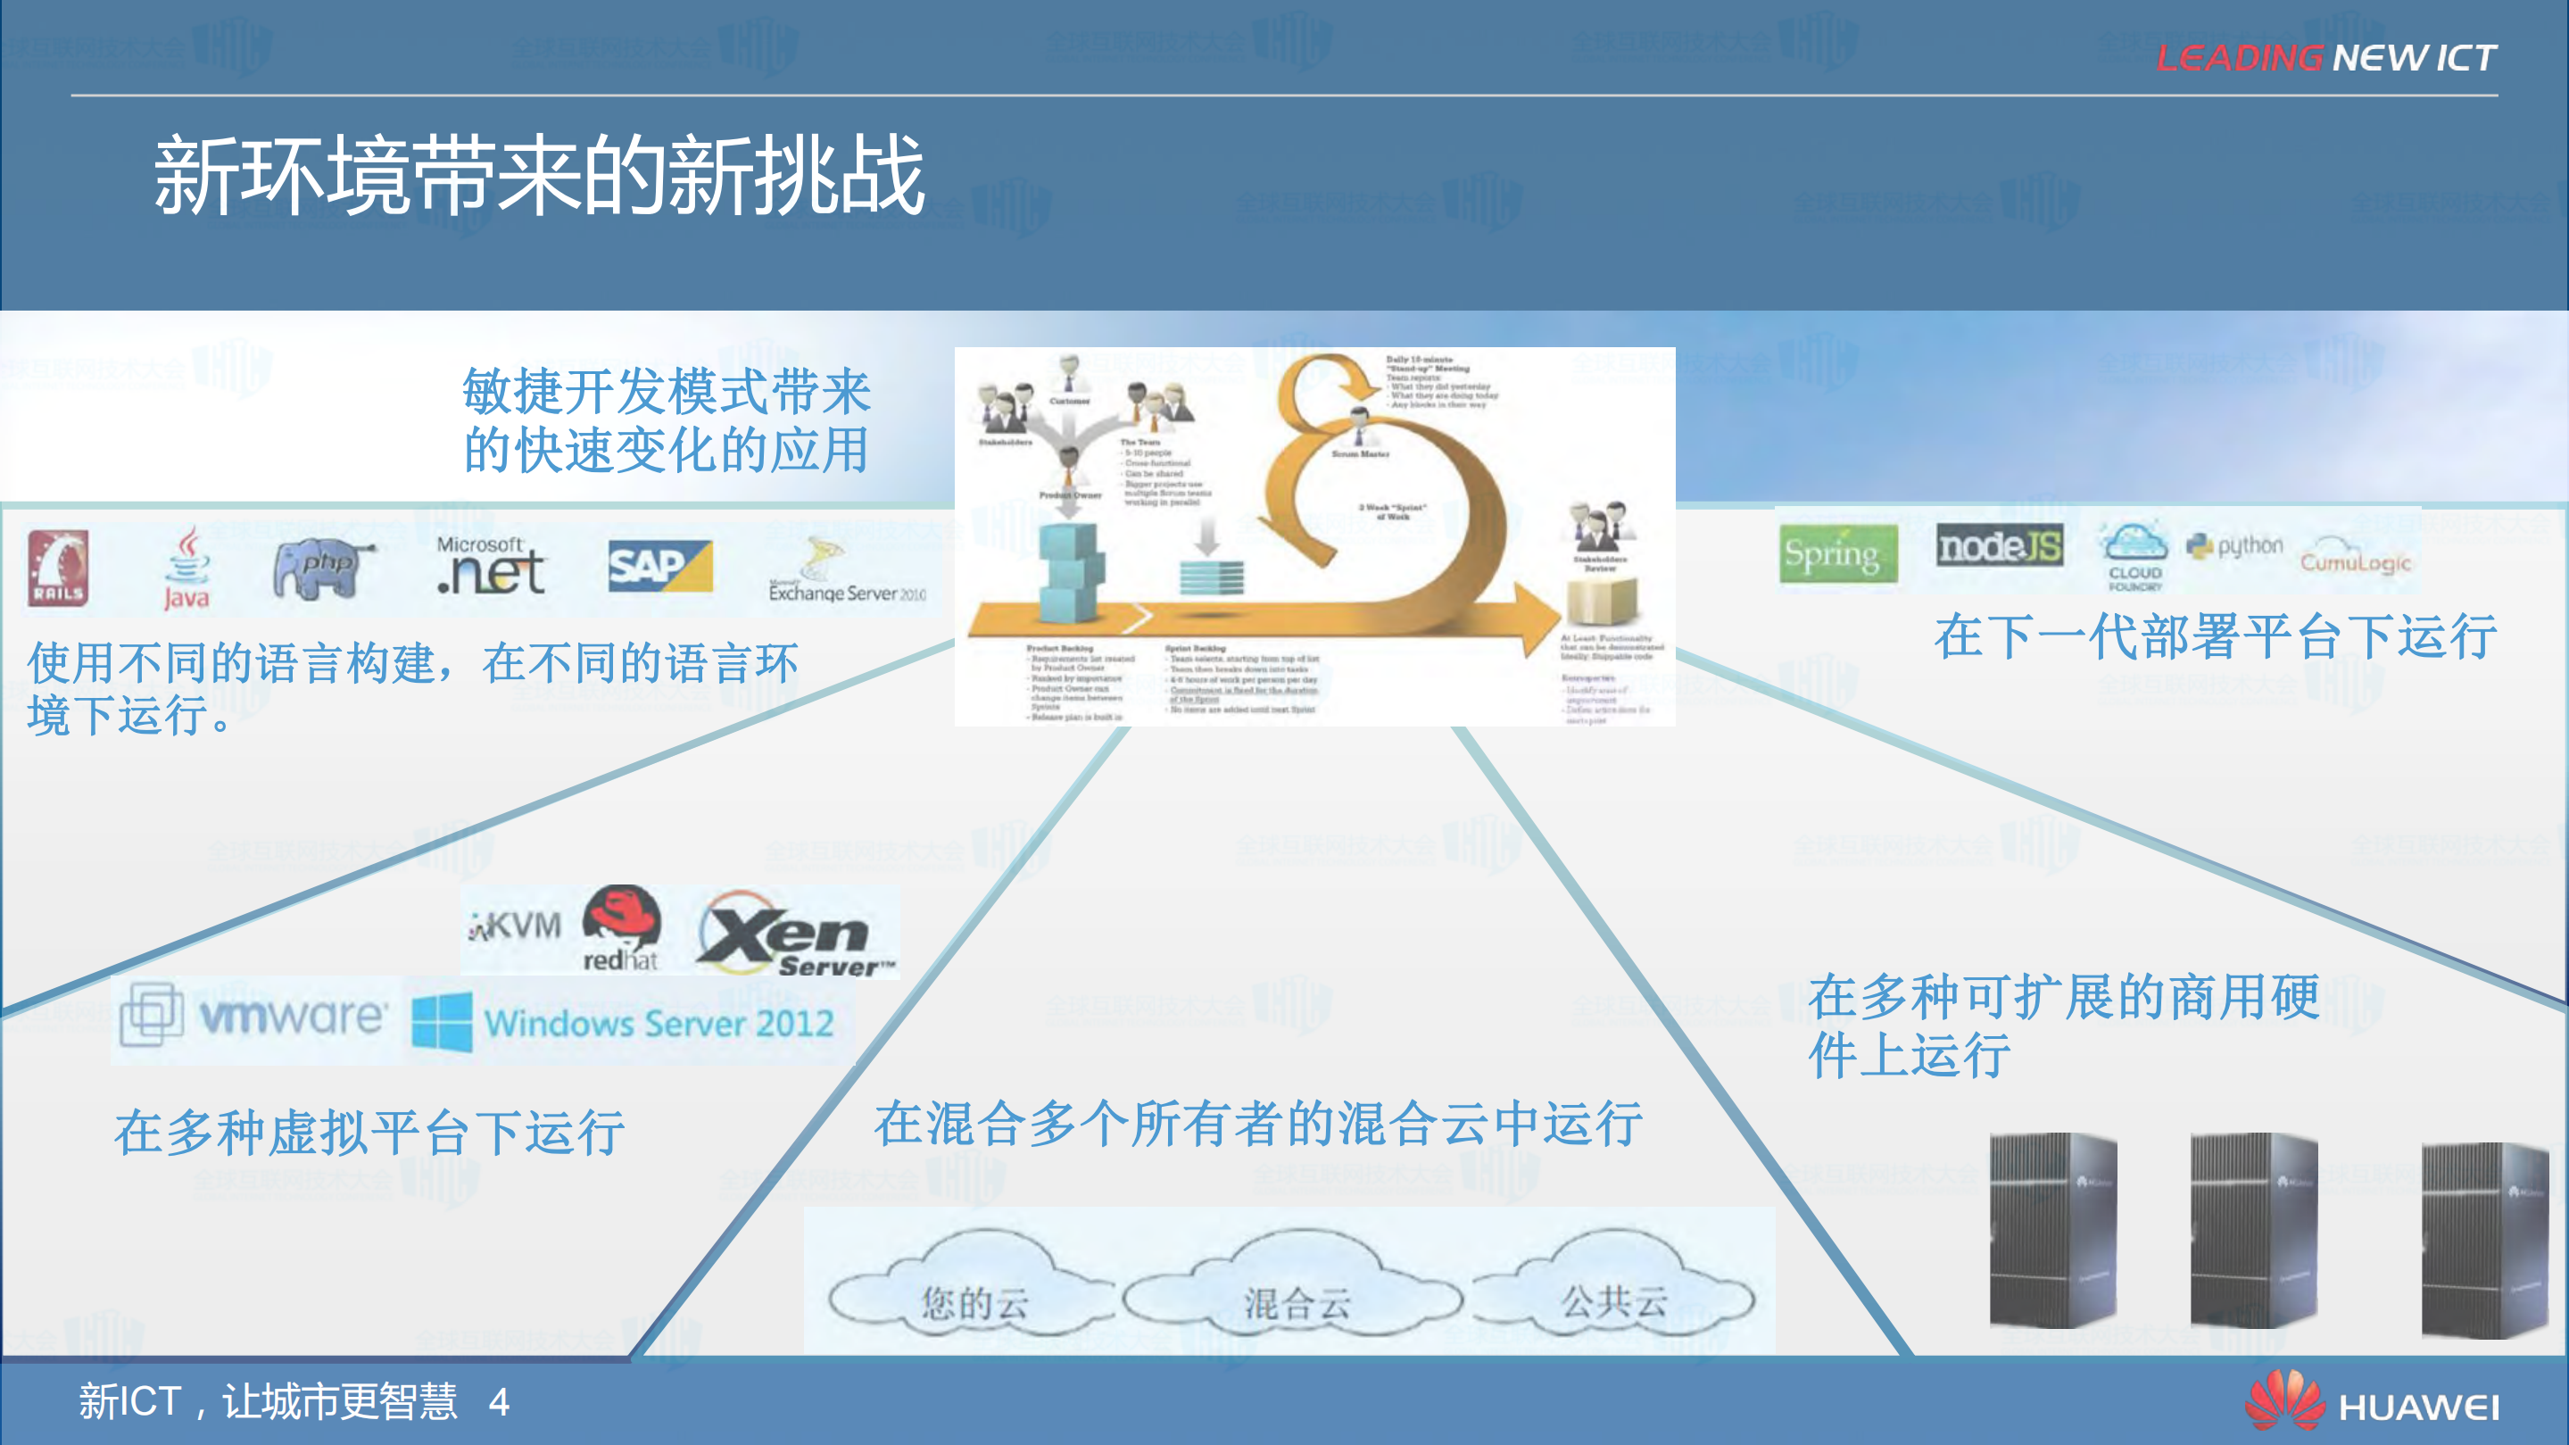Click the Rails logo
point(58,569)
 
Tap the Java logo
point(186,569)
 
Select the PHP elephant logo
point(321,568)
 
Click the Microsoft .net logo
point(491,566)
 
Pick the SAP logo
point(660,567)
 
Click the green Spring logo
point(1838,553)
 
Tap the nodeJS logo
point(1999,546)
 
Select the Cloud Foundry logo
point(2134,556)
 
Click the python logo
point(2235,545)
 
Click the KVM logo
point(516,926)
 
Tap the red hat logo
point(621,928)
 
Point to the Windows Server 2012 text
point(659,1023)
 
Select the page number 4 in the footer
point(500,1403)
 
